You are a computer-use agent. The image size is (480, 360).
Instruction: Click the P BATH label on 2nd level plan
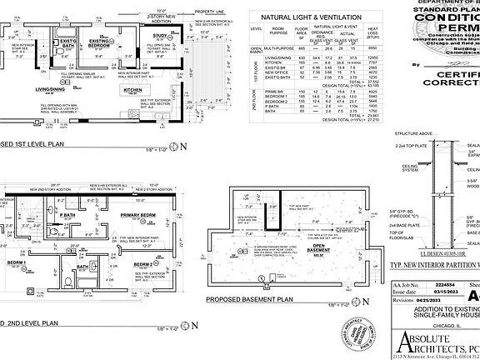coord(67,215)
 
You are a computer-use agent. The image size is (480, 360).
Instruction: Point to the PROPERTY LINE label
coord(210,11)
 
